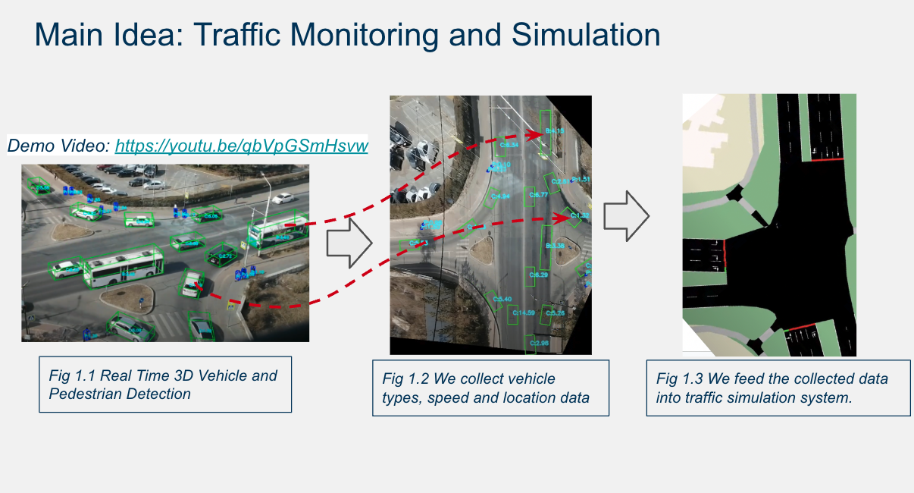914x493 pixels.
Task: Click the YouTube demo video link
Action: point(241,146)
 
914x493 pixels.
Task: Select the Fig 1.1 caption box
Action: point(164,385)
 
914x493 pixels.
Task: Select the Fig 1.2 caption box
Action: point(490,388)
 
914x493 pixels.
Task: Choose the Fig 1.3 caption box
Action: point(778,388)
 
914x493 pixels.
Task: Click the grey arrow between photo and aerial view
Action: point(349,243)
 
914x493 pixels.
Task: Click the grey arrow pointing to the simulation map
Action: point(626,216)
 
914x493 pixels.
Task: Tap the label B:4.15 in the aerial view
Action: point(554,131)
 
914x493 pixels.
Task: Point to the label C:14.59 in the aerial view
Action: point(524,312)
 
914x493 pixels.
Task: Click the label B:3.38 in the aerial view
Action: point(555,246)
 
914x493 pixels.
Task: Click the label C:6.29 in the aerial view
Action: point(537,275)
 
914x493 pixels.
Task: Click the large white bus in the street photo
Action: point(123,267)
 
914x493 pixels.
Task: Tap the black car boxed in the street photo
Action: point(223,253)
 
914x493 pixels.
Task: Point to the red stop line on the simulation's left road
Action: point(725,254)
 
